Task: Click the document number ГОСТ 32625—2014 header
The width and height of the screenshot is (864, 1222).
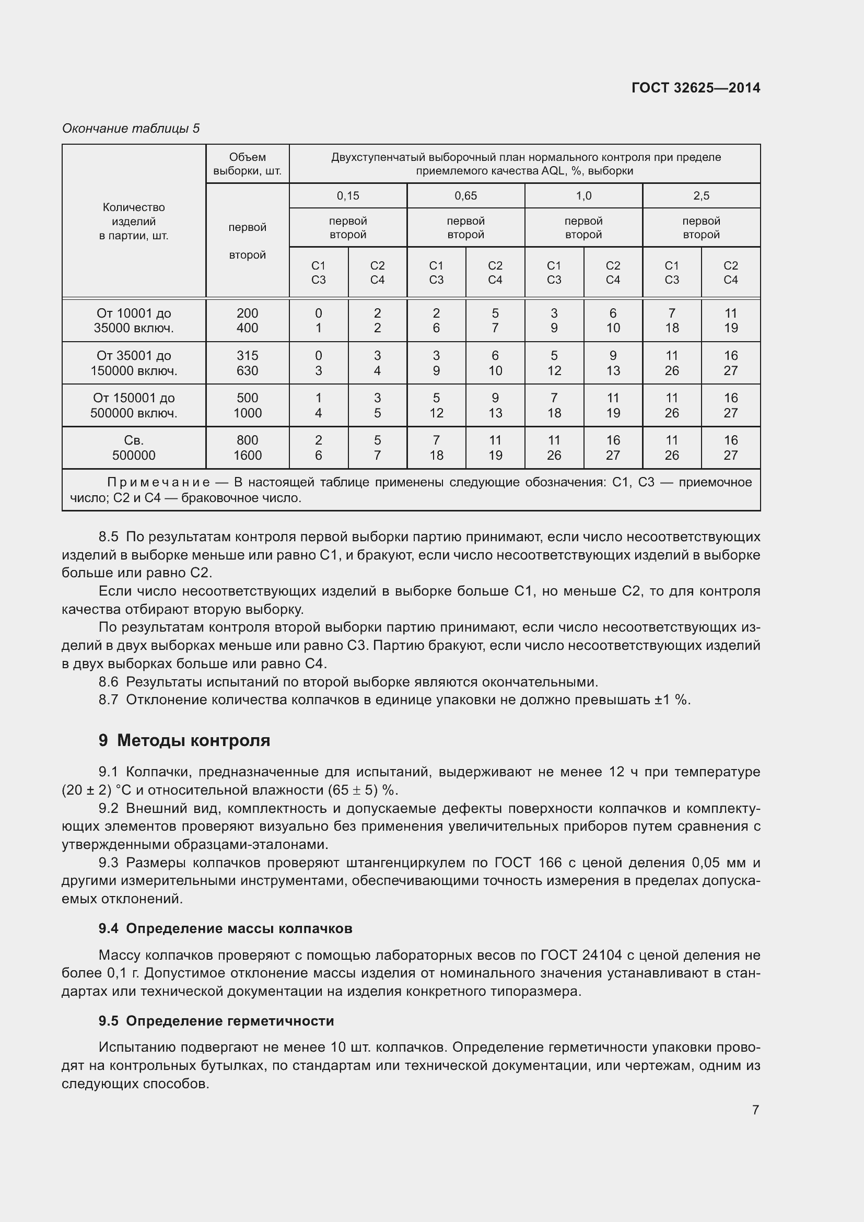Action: coord(695,88)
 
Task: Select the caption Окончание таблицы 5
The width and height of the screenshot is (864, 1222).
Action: coord(131,129)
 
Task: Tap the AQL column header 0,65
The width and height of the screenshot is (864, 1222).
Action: coord(465,196)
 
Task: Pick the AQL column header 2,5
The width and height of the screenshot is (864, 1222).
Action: coord(700,196)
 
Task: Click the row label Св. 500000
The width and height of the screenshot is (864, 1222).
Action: coord(134,448)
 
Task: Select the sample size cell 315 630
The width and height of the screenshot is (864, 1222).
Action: coord(248,363)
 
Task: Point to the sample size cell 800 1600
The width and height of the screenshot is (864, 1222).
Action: coord(248,448)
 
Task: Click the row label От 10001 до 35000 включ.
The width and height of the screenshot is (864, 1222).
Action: coord(134,320)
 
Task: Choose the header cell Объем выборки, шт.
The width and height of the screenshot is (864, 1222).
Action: coord(248,164)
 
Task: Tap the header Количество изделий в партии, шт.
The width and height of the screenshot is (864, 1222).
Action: coord(134,222)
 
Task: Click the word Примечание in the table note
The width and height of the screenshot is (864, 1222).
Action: coord(159,483)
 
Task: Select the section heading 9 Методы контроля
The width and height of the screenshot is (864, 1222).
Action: coord(184,740)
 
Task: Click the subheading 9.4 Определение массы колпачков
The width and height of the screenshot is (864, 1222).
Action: coord(225,929)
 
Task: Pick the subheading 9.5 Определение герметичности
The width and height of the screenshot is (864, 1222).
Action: coord(216,1021)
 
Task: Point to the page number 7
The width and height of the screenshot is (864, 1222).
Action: coord(755,1110)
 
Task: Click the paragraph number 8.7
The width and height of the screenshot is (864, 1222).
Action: coord(108,700)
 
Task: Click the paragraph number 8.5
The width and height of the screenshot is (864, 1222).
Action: coord(108,537)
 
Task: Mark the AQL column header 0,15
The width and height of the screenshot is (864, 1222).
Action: coord(348,196)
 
